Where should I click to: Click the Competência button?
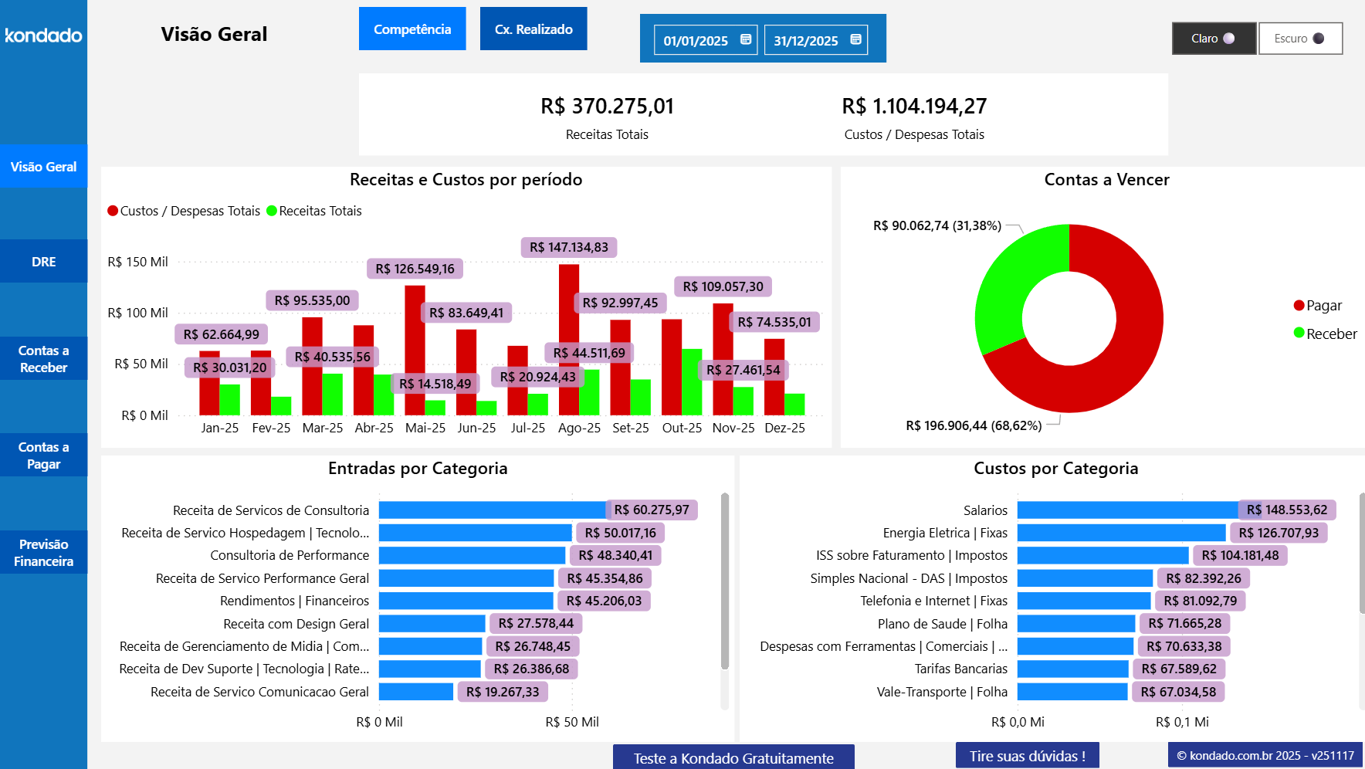(x=412, y=29)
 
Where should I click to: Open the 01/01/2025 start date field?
(x=696, y=40)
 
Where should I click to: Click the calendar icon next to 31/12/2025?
(x=855, y=39)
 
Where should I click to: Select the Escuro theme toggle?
(x=1300, y=39)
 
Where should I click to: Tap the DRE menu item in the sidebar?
(x=44, y=262)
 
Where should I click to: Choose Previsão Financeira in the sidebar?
(x=44, y=553)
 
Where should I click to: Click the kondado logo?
(x=43, y=36)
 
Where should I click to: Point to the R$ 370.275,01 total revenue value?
(x=607, y=107)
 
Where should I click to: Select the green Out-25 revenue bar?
(x=692, y=382)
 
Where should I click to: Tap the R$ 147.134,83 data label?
(x=569, y=247)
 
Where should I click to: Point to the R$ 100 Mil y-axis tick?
(x=137, y=313)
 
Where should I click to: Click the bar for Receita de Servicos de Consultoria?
(x=492, y=510)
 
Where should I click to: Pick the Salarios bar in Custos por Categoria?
(x=1127, y=510)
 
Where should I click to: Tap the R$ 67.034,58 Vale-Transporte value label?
(x=1178, y=692)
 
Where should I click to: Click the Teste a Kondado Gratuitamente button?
(x=733, y=757)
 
